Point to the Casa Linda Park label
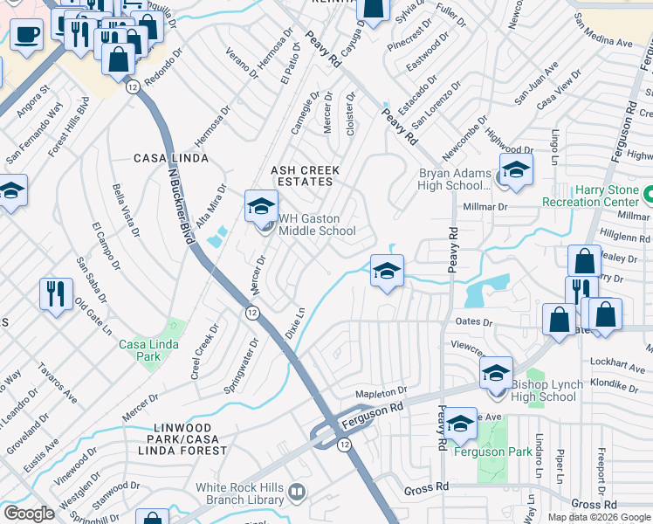151,350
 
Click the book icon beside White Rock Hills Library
297,493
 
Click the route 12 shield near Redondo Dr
132,87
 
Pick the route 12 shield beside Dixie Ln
252,313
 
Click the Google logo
29,514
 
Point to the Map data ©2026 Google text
600,517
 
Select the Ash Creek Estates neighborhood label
302,176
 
